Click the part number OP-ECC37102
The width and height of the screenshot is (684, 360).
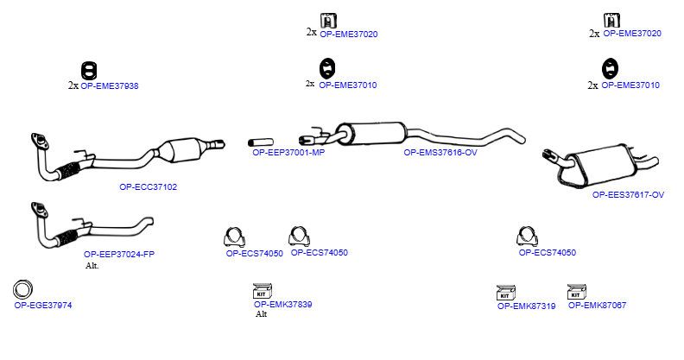click(x=149, y=187)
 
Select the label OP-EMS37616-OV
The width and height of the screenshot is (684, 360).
click(x=440, y=153)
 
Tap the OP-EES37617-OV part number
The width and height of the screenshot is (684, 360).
click(x=628, y=195)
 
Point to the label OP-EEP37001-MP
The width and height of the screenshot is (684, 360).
click(x=288, y=153)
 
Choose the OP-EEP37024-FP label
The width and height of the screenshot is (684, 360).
click(x=119, y=254)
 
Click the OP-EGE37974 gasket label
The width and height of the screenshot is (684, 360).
click(x=43, y=305)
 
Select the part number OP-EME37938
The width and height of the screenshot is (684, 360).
click(x=110, y=85)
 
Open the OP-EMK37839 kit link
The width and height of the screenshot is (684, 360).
click(x=282, y=304)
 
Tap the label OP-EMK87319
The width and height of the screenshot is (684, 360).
click(x=527, y=306)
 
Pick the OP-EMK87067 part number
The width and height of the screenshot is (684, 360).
click(x=597, y=305)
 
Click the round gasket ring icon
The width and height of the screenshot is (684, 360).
click(x=23, y=289)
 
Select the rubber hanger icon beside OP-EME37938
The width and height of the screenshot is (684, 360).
click(x=89, y=71)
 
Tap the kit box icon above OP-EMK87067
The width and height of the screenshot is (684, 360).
click(x=577, y=292)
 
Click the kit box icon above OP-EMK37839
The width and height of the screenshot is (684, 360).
click(x=263, y=291)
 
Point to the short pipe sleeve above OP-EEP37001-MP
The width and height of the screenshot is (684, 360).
click(x=261, y=142)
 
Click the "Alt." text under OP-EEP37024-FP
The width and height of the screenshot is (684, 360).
click(x=92, y=266)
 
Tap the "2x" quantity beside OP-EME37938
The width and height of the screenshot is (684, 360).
click(x=73, y=85)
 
